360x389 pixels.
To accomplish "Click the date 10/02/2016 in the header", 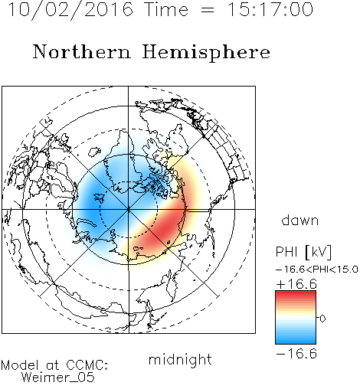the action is tap(70, 10).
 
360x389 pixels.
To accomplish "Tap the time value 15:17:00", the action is tap(270, 9).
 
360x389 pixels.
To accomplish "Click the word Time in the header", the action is tap(166, 9).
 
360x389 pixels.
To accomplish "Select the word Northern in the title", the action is tap(82, 51).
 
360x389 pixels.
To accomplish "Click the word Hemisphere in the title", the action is tap(206, 53).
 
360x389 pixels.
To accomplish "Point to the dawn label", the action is tap(300, 221).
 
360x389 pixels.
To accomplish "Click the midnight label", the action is tap(180, 359).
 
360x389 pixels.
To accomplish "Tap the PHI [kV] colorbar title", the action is tap(303, 252).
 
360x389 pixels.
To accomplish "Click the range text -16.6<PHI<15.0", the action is tap(317, 269).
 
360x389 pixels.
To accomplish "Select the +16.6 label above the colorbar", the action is tap(296, 284).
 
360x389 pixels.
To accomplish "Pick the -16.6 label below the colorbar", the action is tap(296, 354).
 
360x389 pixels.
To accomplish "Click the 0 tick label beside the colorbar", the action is tap(322, 319).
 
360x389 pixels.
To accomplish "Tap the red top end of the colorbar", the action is tap(296, 293).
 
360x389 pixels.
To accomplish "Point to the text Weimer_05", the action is tap(57, 378).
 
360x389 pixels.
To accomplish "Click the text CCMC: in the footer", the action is tap(87, 365).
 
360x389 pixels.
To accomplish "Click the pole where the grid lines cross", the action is tap(129, 210).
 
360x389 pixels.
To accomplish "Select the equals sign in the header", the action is tap(208, 10).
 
